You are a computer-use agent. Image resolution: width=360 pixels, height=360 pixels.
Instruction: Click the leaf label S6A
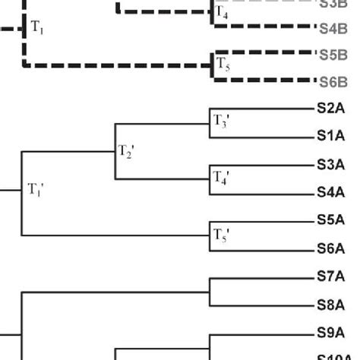[331, 248]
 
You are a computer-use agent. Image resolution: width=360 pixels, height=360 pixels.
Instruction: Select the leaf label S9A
[331, 333]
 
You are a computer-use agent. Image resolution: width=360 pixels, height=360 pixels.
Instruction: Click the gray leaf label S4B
[333, 28]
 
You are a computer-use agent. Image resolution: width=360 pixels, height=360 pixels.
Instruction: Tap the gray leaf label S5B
[333, 55]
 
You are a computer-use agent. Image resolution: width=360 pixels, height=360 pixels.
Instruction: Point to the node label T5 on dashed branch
[222, 63]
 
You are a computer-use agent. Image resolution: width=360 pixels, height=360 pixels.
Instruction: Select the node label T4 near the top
[221, 13]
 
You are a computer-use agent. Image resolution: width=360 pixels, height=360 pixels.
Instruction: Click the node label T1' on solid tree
[36, 189]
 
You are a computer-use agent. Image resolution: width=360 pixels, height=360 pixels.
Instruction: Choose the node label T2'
[125, 151]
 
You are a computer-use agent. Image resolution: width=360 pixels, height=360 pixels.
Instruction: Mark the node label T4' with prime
[221, 178]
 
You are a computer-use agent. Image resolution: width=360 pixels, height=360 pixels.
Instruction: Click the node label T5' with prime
[221, 234]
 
